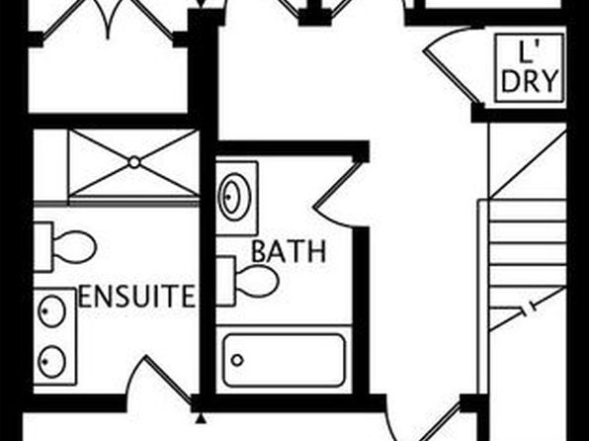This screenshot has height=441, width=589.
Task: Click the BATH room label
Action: point(289,251)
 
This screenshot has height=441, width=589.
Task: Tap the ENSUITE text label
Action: point(137,297)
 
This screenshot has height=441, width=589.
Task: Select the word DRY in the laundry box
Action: point(529,81)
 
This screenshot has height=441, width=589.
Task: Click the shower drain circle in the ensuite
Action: point(134,162)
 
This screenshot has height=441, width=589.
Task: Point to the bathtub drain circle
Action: point(237,360)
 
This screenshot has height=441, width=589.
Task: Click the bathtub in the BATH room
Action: point(284,360)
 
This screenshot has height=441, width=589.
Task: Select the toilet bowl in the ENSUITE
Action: point(75,246)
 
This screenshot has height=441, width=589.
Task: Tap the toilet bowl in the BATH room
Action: point(257,281)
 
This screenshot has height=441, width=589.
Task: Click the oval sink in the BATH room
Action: point(235,197)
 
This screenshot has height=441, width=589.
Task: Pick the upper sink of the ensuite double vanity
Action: point(52,311)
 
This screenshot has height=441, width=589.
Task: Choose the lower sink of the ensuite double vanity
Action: point(52,362)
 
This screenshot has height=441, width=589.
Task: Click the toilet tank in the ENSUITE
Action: point(42,246)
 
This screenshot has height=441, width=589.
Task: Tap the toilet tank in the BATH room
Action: point(225,281)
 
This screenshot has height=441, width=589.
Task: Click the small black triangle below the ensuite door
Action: point(202,418)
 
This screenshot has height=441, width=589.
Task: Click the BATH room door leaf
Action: point(335,184)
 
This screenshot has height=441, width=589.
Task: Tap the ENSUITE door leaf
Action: point(169,379)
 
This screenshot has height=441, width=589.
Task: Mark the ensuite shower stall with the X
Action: point(134,162)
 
